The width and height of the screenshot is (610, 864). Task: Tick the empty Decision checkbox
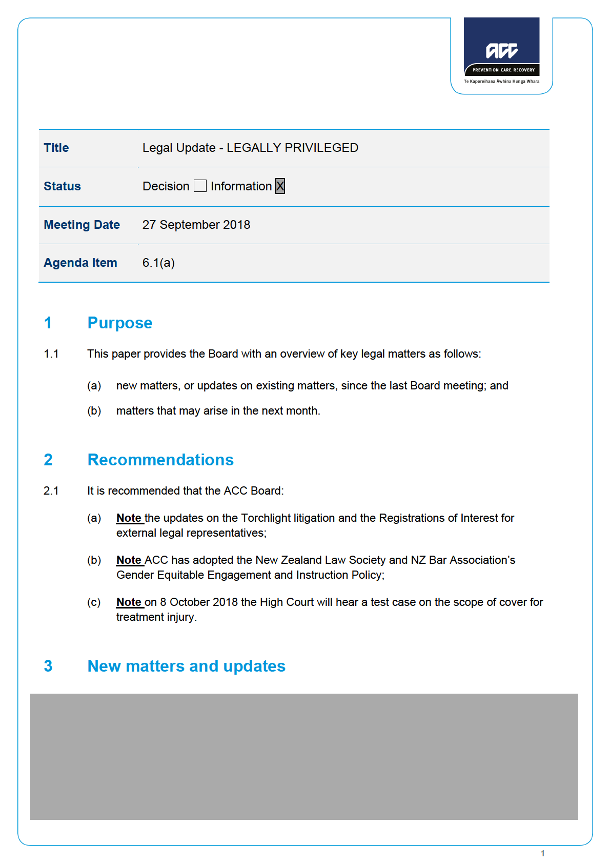[x=200, y=186]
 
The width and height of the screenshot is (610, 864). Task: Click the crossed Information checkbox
[x=280, y=186]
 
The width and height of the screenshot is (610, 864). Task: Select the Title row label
[x=56, y=148]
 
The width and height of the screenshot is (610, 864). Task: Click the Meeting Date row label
[x=82, y=225]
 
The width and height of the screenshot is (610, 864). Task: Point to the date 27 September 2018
[x=196, y=225]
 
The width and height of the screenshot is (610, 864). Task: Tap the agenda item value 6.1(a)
[x=158, y=263]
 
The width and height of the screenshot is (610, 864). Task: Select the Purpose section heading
[x=120, y=323]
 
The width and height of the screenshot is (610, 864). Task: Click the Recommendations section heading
[x=160, y=460]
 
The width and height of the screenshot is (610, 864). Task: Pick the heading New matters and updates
[x=187, y=666]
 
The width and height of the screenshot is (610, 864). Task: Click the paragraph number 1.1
[x=51, y=354]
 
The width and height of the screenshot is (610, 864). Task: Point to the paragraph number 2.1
[x=51, y=491]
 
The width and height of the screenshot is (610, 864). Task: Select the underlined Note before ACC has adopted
[x=129, y=560]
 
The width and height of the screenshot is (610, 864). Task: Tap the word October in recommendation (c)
[x=190, y=602]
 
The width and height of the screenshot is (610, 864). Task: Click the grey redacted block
[x=304, y=756]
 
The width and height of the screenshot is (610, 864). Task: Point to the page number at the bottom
[x=543, y=853]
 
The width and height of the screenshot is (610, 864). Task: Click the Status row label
[x=63, y=186]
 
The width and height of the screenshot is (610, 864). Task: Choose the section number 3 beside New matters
[x=48, y=666]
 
